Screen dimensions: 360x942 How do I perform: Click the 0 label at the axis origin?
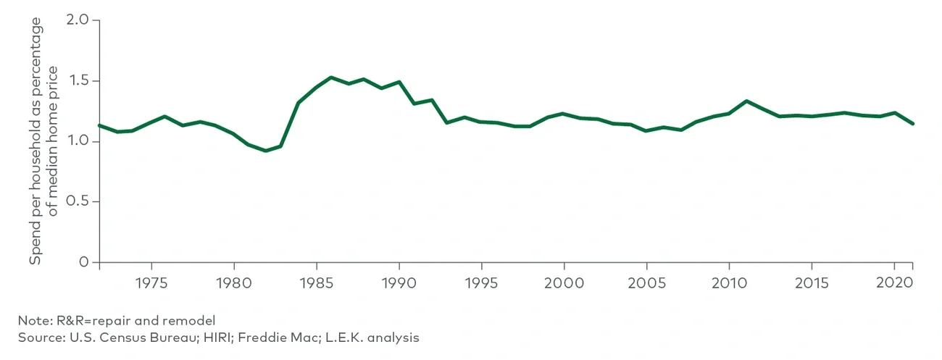(x=85, y=262)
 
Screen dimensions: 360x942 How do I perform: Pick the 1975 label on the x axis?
(x=151, y=280)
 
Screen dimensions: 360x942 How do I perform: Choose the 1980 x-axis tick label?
(x=233, y=280)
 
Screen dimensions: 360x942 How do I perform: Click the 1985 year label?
(x=316, y=280)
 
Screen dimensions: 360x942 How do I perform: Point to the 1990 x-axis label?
(x=399, y=280)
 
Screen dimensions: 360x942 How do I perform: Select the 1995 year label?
(x=482, y=280)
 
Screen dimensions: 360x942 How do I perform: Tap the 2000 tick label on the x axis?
(x=564, y=280)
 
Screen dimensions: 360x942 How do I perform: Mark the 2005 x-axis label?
(x=647, y=280)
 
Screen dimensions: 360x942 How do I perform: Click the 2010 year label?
(x=730, y=280)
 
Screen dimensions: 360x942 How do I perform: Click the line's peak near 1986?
(x=331, y=78)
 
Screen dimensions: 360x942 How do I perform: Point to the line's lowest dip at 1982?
(x=265, y=151)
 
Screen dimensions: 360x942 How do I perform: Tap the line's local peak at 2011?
(x=746, y=101)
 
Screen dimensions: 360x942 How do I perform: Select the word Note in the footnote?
(x=33, y=320)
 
